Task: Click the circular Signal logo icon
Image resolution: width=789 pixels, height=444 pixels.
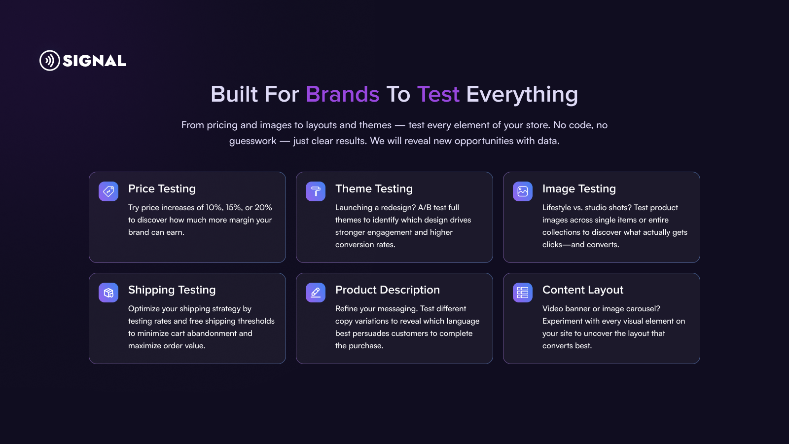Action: (x=50, y=60)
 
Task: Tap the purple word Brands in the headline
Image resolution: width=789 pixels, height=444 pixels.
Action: (x=342, y=94)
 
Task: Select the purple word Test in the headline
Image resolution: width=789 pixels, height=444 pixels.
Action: (x=438, y=94)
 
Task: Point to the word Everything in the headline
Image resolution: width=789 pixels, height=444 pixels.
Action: (x=522, y=95)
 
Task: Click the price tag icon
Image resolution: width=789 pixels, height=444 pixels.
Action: (x=108, y=191)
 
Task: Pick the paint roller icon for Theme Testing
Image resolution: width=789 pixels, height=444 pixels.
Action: (x=316, y=191)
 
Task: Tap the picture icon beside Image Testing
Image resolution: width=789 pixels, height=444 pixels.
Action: (x=523, y=191)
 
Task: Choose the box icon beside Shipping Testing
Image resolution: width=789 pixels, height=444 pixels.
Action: (x=108, y=293)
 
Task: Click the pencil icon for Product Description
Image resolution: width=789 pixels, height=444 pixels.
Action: (x=316, y=293)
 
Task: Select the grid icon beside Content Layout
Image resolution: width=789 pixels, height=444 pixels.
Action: (x=523, y=293)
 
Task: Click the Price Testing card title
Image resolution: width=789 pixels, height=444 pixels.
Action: (x=162, y=189)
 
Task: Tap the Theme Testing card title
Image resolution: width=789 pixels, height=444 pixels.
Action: (x=374, y=189)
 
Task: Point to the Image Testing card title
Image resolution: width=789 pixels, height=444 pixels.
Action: (x=579, y=189)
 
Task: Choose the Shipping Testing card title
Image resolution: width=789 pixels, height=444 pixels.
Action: (x=172, y=290)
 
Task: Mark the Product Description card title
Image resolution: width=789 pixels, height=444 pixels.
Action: (x=388, y=290)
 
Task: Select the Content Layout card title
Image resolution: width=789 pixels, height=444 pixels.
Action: (x=583, y=290)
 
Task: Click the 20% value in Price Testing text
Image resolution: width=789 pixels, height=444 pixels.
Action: (x=263, y=208)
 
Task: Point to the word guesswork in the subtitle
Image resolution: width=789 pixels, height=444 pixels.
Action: (x=252, y=141)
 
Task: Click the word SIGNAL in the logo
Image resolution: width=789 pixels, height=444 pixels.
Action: (x=94, y=61)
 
